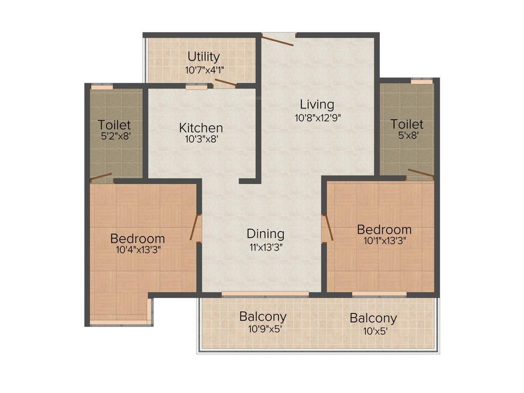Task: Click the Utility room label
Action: tap(203, 56)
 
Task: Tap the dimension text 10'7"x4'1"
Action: tap(203, 69)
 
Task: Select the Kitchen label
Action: tap(201, 127)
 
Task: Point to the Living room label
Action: tap(317, 104)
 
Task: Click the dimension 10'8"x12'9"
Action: tap(317, 117)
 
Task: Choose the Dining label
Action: tap(265, 234)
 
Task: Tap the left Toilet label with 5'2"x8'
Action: tap(115, 124)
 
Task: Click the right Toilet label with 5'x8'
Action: tap(407, 124)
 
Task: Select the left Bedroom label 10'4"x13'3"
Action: tap(138, 238)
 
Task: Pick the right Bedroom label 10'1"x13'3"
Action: tap(384, 229)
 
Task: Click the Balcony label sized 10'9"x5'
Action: tap(263, 316)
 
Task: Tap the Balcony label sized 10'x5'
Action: tap(373, 318)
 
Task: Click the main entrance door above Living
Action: tap(278, 39)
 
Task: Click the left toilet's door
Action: tap(101, 178)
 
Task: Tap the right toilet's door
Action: tap(421, 173)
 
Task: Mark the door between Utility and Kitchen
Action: tap(225, 83)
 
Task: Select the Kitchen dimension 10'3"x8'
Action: tap(201, 139)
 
